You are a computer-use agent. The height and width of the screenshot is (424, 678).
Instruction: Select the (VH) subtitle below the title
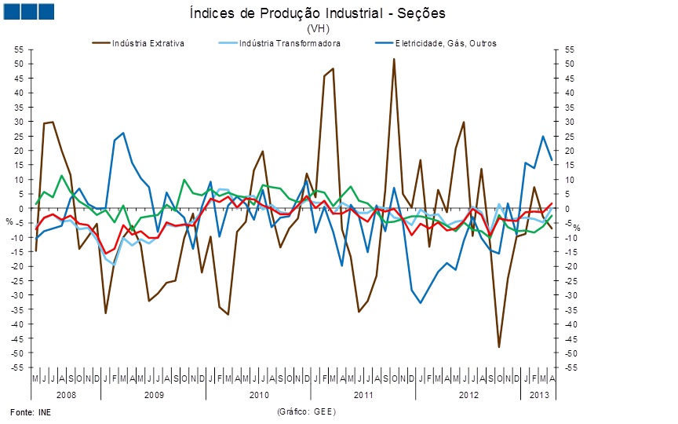(x=318, y=28)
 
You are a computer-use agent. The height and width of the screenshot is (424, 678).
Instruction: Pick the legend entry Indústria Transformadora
(x=290, y=43)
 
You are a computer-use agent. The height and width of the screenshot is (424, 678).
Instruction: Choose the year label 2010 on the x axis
(x=259, y=393)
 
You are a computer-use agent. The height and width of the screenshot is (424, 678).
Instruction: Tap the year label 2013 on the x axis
(x=538, y=393)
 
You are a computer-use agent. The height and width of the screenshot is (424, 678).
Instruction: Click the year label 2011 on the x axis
(x=363, y=393)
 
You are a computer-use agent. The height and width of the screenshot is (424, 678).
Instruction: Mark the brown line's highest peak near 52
(x=394, y=59)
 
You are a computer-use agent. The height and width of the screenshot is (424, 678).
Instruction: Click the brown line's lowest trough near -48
(x=498, y=347)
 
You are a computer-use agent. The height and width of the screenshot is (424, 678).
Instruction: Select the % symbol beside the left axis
(x=9, y=221)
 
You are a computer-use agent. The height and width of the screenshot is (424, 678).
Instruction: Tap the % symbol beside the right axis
(x=575, y=227)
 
